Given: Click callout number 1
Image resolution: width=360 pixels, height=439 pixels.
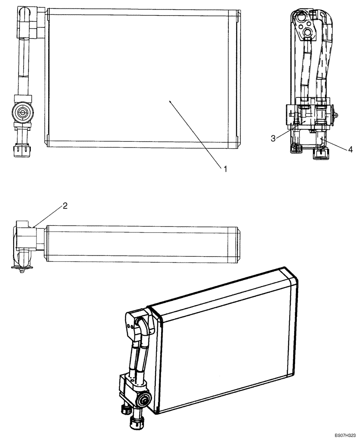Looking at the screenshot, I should (x=225, y=168).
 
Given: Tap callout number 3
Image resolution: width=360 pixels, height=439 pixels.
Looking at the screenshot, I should (x=273, y=138).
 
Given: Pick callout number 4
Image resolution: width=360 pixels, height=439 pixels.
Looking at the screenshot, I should (x=350, y=150).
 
